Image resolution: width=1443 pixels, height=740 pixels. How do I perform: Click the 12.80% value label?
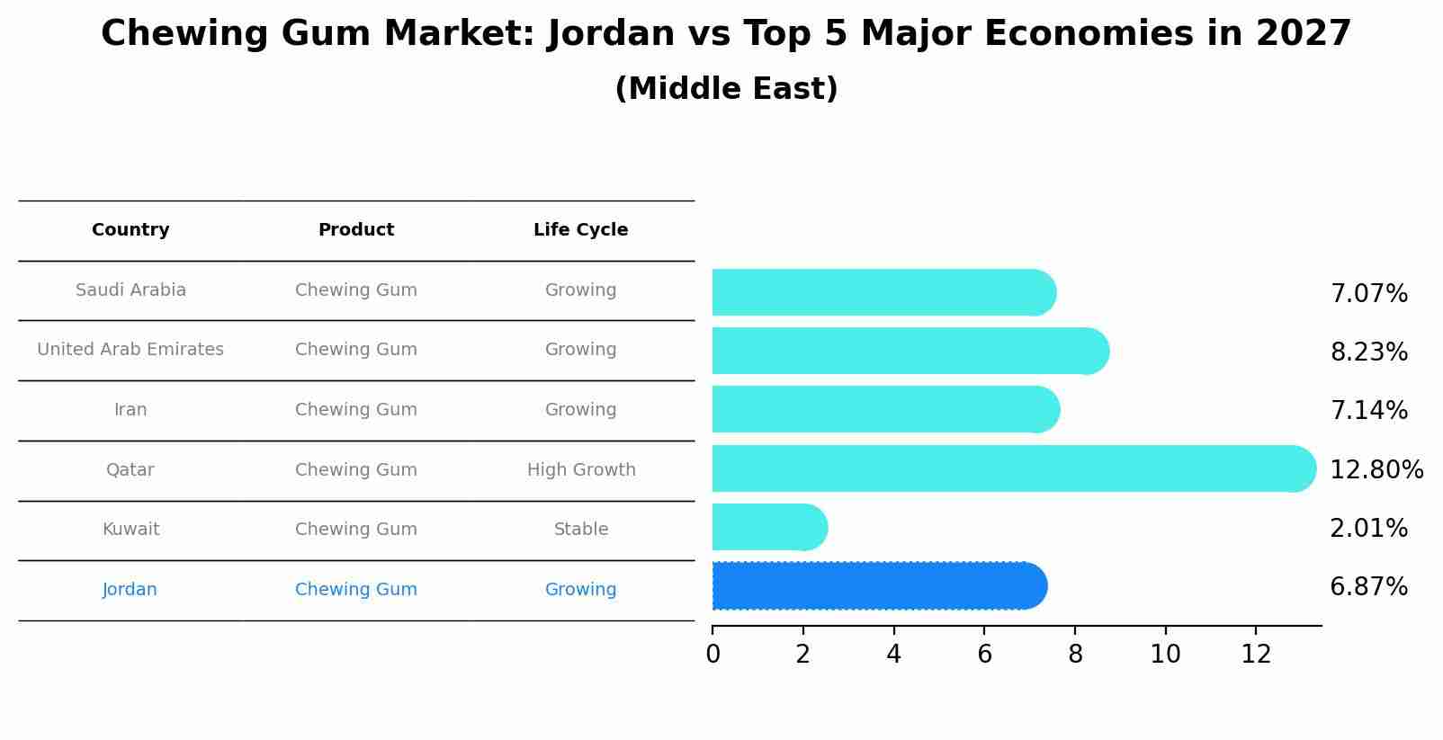click(x=1376, y=469)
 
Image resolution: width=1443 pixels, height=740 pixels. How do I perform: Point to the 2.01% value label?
click(x=1368, y=529)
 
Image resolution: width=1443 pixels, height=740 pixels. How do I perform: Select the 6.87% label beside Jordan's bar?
click(x=1368, y=587)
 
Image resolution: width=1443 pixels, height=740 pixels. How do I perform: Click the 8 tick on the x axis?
click(x=1075, y=655)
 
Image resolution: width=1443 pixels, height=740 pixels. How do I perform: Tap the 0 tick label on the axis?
click(x=713, y=655)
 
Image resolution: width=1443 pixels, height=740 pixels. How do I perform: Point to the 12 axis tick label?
click(x=1256, y=655)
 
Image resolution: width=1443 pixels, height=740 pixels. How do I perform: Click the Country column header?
click(x=130, y=230)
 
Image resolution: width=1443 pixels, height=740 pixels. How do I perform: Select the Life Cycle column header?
click(x=580, y=230)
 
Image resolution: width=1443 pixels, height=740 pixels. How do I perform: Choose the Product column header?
click(x=356, y=230)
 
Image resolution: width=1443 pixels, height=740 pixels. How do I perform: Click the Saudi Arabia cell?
click(x=130, y=290)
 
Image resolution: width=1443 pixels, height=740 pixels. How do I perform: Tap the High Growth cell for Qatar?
click(x=581, y=470)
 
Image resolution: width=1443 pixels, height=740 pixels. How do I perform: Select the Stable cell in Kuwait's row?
click(x=581, y=530)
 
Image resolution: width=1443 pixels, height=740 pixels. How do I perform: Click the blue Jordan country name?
click(x=130, y=590)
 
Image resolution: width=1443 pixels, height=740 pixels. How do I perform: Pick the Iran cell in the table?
click(x=130, y=410)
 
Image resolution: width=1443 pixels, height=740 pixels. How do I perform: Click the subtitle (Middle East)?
click(x=726, y=89)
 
